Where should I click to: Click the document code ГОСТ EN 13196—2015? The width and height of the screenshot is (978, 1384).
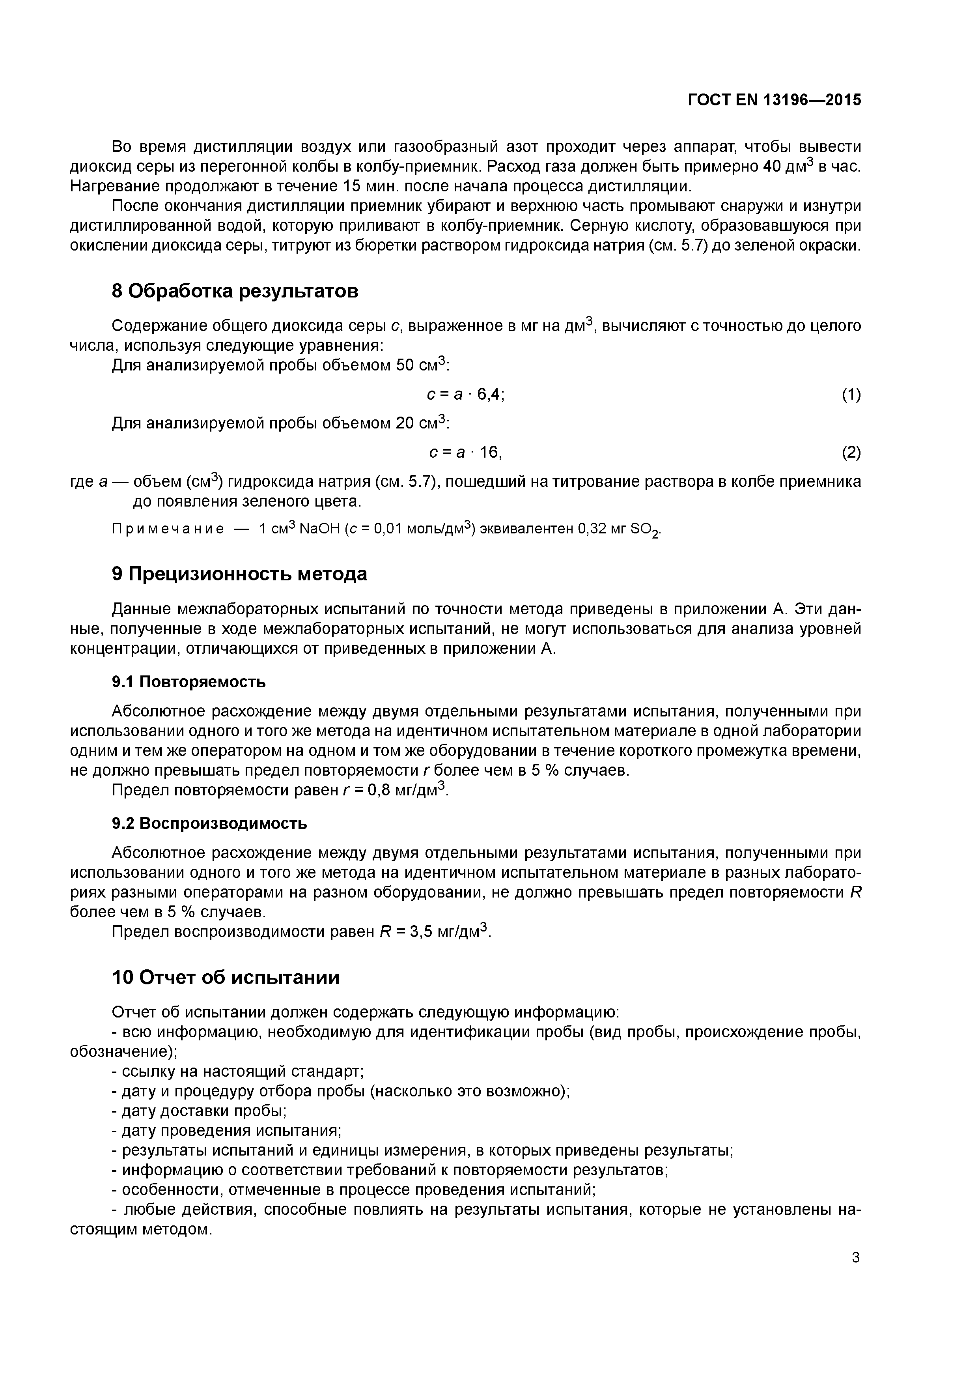(775, 100)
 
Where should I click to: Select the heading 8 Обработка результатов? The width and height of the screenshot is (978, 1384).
(235, 291)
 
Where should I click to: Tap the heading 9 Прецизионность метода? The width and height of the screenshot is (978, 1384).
(239, 574)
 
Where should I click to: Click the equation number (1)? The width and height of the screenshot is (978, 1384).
(851, 395)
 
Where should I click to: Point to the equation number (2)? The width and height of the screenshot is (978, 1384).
(851, 452)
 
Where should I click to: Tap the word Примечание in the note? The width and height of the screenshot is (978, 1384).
(168, 529)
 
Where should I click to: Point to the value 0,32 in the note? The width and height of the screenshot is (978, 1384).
(594, 529)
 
